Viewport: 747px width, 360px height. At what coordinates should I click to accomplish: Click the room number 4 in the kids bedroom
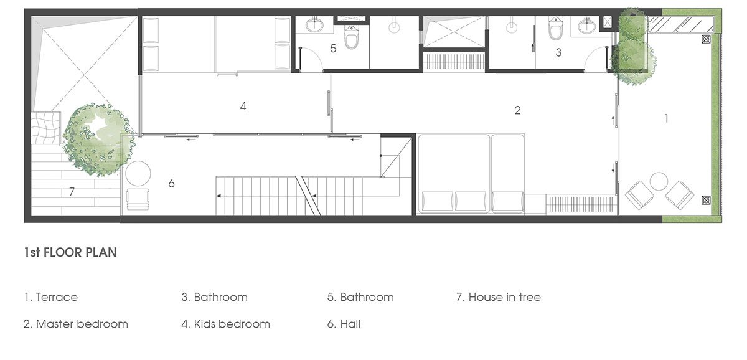point(243,107)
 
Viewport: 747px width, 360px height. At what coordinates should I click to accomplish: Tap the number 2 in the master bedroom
point(517,110)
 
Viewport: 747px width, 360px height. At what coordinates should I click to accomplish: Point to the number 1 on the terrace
point(666,118)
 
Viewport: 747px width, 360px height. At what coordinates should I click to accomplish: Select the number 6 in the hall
point(171,183)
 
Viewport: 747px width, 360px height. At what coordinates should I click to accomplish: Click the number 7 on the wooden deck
point(72,191)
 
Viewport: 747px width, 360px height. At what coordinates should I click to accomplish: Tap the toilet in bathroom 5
point(351,37)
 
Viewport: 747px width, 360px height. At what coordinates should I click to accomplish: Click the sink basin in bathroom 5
point(314,25)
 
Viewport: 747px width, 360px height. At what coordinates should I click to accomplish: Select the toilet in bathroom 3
point(555,29)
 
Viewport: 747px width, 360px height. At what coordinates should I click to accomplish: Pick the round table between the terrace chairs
point(659,181)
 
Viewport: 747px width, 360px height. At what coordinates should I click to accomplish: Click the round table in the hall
point(138,174)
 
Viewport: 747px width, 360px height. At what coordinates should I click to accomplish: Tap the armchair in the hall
point(138,199)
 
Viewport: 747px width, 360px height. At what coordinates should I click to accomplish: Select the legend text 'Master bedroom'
point(82,324)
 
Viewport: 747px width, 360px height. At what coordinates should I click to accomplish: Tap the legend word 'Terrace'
point(57,297)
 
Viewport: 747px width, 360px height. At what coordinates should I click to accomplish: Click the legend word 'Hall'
point(350,324)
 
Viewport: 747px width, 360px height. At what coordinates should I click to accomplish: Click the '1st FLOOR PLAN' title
point(70,252)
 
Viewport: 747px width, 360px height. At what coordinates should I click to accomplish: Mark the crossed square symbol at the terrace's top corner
point(706,39)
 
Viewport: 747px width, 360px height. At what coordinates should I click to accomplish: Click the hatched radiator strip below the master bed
point(581,204)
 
